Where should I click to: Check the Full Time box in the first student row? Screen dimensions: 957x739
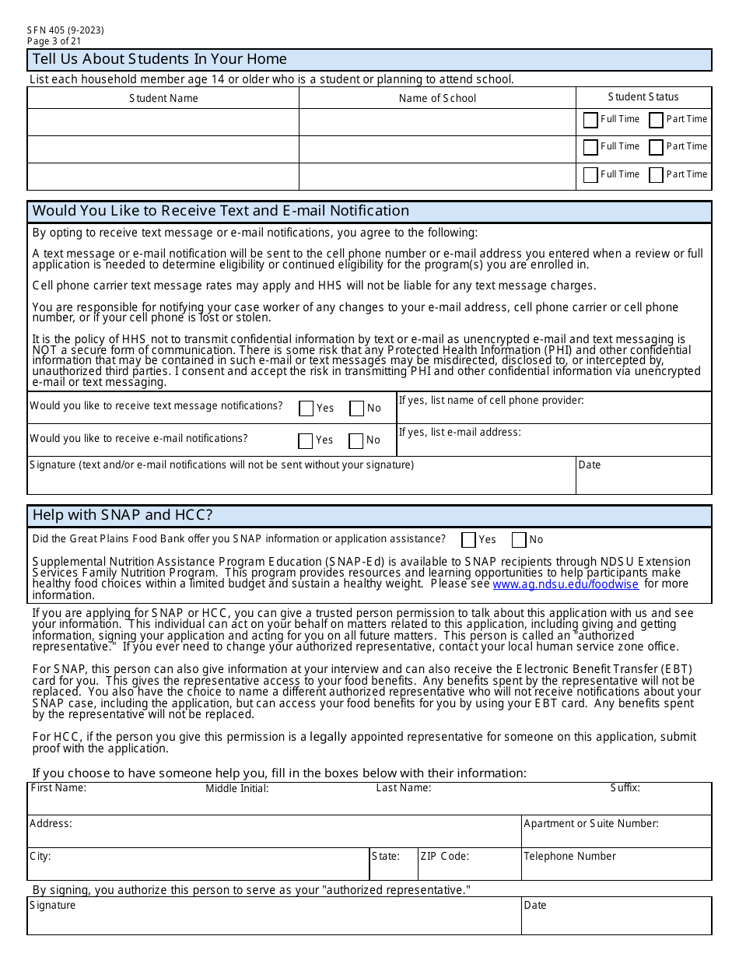point(590,120)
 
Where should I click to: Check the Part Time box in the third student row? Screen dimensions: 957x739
point(656,175)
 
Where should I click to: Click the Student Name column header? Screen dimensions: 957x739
point(163,98)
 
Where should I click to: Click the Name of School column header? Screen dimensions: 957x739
point(437,98)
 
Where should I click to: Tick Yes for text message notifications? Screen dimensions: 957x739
point(306,408)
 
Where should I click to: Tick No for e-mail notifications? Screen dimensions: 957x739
point(356,441)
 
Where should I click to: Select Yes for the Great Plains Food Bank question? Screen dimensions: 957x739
point(468,540)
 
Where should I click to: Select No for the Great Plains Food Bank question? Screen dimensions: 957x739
point(519,540)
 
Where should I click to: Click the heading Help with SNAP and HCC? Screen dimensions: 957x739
point(122,515)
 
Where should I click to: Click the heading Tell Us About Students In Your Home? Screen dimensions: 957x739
point(159,59)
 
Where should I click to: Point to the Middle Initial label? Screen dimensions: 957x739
point(237,789)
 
